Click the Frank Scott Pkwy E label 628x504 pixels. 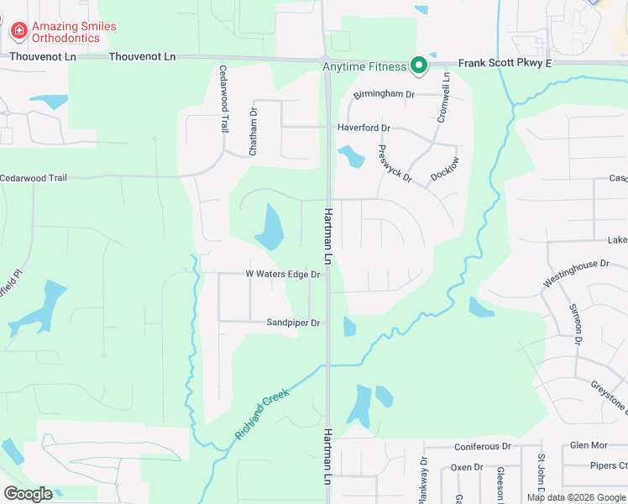(505, 63)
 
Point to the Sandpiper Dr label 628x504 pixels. (294, 323)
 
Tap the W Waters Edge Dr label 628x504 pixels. (283, 274)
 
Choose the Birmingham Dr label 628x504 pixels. (384, 95)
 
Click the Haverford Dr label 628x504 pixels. (364, 128)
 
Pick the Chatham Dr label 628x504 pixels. (253, 131)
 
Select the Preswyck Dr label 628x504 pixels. (395, 164)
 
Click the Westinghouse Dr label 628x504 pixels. (575, 274)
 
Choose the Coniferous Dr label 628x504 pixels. (482, 447)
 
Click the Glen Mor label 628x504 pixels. (588, 445)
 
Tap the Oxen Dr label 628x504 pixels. (467, 467)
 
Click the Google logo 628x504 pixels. (28, 494)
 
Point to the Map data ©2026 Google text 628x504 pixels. (576, 497)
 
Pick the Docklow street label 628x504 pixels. (445, 168)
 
